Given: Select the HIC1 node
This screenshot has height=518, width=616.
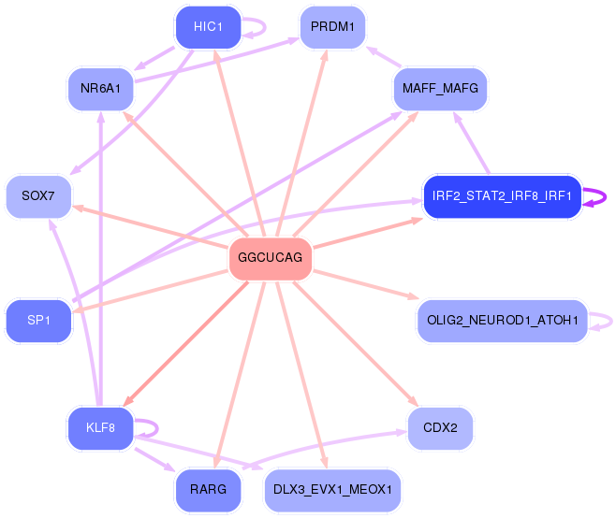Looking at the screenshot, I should click(208, 26).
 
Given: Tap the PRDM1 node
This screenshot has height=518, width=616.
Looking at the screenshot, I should click(332, 26).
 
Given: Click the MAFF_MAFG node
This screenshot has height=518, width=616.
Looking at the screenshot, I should click(439, 90).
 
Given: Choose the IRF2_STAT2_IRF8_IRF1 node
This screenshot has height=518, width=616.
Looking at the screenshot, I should click(502, 197).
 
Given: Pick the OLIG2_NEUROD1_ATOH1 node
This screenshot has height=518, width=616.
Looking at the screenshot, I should click(501, 321).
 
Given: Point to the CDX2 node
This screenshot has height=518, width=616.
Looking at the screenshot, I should click(439, 428).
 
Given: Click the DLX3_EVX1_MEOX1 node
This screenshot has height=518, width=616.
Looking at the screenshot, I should click(332, 489).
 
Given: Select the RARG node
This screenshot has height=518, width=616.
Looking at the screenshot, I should click(208, 489).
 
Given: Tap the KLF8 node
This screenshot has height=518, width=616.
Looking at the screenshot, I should click(99, 428).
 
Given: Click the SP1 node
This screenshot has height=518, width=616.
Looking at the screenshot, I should click(37, 321).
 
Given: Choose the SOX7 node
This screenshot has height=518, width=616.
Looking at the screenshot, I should click(37, 196).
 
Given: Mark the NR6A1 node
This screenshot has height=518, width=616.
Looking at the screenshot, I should click(99, 90).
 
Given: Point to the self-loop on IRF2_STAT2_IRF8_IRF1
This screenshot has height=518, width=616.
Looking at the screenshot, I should click(595, 197).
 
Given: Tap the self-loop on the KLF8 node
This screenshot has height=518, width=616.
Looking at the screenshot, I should click(147, 429).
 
